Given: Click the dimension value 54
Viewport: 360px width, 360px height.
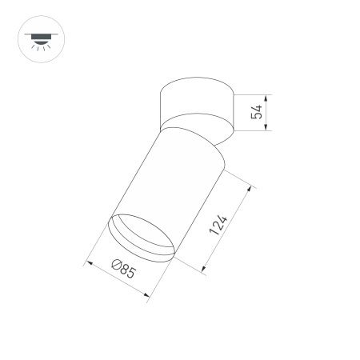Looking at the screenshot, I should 257,112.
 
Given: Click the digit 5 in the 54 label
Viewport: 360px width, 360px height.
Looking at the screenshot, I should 257,116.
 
